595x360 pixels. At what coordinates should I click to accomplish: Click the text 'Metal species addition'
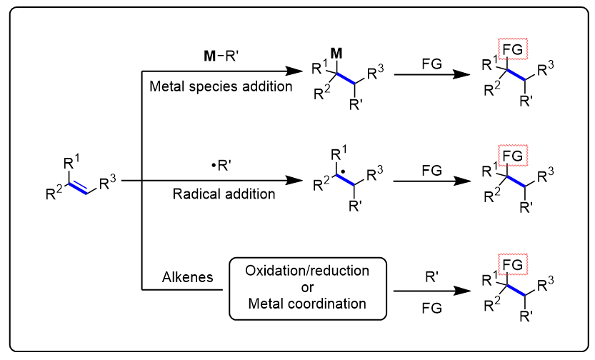(221, 87)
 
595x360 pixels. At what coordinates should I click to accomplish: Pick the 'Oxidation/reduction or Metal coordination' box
(307, 288)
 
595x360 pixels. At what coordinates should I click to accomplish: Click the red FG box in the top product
(514, 49)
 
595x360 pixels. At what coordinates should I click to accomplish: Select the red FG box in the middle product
(514, 154)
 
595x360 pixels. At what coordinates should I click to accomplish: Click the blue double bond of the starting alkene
(81, 187)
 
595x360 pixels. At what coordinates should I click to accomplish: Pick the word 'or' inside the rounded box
(307, 288)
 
